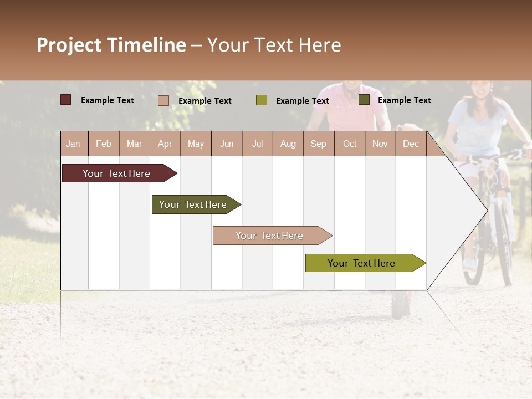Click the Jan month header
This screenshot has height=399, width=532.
point(73,144)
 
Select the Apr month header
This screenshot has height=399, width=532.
point(165,144)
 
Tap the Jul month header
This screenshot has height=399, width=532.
point(257,144)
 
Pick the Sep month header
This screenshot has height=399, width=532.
point(318,144)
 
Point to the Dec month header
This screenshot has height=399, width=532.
point(411,144)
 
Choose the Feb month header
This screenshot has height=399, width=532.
point(104,144)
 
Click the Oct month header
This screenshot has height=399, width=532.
point(350,144)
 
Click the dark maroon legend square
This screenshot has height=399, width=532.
point(66,100)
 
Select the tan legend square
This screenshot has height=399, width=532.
point(163,100)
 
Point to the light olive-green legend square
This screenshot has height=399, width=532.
point(262,100)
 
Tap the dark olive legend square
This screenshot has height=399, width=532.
point(364,100)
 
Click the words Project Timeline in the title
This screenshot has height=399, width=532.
point(111,45)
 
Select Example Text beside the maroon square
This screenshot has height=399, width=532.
point(108,100)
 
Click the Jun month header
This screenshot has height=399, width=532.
point(227,144)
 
